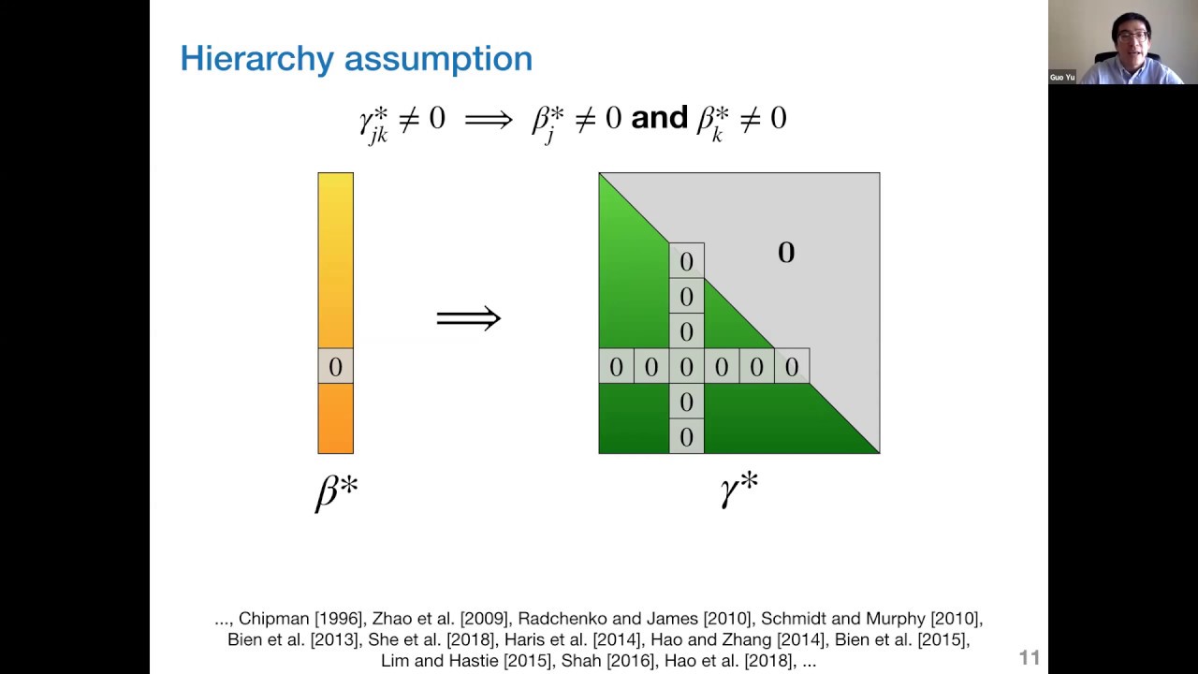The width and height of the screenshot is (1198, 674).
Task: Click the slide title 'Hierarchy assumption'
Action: [x=356, y=59]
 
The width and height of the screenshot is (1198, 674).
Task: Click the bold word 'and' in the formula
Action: [x=659, y=119]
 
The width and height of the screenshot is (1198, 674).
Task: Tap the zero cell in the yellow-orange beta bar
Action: [x=335, y=366]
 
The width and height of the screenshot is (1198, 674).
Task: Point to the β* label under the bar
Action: [x=336, y=491]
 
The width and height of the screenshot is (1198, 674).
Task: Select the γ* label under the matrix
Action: [x=738, y=489]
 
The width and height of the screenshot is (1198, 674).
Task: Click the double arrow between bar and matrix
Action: [x=468, y=318]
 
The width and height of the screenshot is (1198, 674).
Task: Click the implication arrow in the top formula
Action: [x=489, y=120]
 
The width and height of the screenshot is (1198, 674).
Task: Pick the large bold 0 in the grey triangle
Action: [x=786, y=252]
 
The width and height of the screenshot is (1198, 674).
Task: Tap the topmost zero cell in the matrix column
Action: [x=686, y=261]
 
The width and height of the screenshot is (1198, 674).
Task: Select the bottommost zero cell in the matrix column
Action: [x=686, y=436]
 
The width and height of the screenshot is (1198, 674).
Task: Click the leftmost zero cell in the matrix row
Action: [x=616, y=367]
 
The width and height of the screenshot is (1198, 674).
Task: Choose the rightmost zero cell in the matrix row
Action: [x=792, y=367]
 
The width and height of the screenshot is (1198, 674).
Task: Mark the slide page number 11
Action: [x=1029, y=658]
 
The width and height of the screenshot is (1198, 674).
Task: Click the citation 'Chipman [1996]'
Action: [x=300, y=619]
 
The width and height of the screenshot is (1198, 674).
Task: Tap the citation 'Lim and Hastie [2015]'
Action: [x=465, y=661]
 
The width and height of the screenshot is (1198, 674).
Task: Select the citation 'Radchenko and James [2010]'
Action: [x=635, y=619]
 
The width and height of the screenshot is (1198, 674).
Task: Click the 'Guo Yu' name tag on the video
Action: [x=1062, y=78]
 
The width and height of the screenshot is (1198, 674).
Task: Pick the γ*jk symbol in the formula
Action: [x=373, y=122]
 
